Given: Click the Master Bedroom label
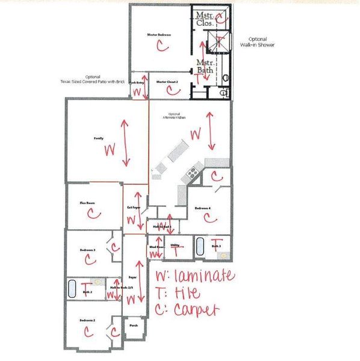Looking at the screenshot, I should [x=159, y=35].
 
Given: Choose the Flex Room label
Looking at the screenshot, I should [x=87, y=203].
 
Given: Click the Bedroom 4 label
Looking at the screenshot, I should [x=202, y=208].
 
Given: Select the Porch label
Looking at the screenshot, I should [x=134, y=326].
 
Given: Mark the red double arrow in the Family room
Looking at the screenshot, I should [x=125, y=143].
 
